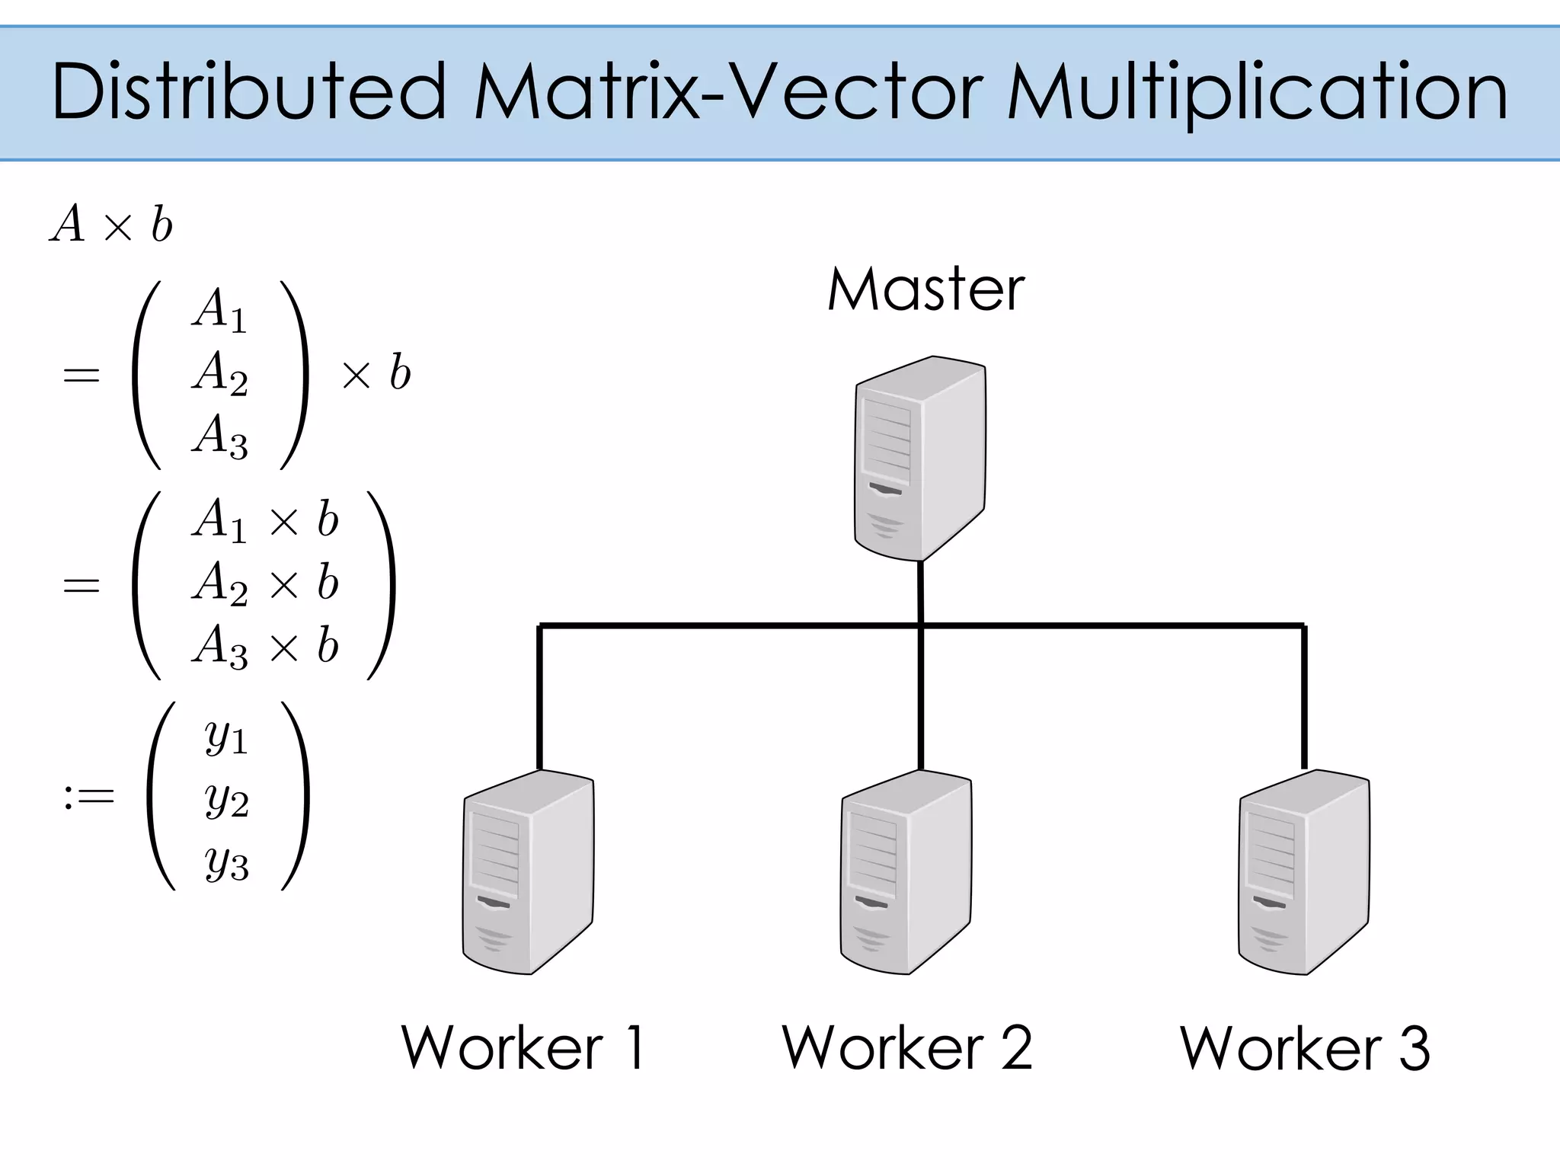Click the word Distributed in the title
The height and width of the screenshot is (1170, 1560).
[x=248, y=92]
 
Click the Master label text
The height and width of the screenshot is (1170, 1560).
[x=925, y=290]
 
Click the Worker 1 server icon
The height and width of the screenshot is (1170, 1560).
[x=528, y=872]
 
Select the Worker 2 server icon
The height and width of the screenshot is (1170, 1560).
[x=906, y=872]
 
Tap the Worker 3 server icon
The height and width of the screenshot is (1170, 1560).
[x=1303, y=872]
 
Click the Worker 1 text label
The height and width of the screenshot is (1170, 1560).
[x=524, y=1048]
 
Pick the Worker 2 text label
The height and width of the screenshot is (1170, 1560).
[x=906, y=1048]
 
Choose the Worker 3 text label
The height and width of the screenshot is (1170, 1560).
[x=1305, y=1048]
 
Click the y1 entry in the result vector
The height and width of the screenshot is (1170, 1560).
[x=226, y=737]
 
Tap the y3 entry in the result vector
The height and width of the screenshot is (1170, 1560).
[x=226, y=864]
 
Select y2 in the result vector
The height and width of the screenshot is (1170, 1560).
[x=226, y=800]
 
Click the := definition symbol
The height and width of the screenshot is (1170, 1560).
[x=89, y=797]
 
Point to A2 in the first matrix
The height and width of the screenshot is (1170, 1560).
[x=220, y=373]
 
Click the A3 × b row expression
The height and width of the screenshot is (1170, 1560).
[x=265, y=647]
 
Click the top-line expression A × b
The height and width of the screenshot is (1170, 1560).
[x=112, y=225]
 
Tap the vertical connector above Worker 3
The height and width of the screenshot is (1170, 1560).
[x=1304, y=697]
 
